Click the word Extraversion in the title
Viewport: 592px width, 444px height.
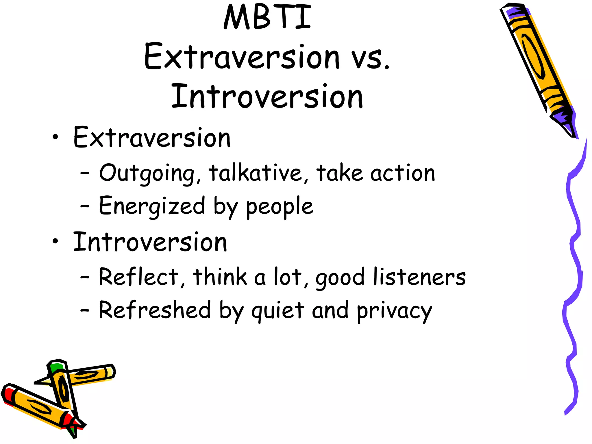242,57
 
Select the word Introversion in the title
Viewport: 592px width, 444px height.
267,97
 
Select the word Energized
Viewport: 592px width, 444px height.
152,206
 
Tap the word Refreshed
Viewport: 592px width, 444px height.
155,310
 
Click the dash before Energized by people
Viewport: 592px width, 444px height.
85,206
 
